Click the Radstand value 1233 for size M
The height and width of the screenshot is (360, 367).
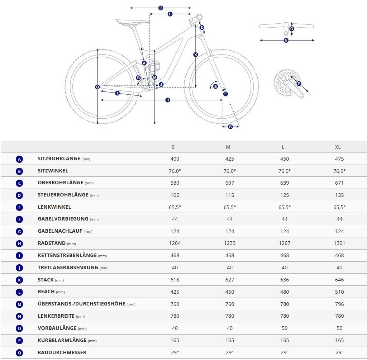click(230, 243)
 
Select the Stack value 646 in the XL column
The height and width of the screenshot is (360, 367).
click(339, 280)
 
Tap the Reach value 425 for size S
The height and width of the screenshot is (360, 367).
click(175, 292)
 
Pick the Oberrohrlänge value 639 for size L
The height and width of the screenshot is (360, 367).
click(285, 183)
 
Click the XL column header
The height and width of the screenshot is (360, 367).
click(338, 147)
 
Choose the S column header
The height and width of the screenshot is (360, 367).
click(173, 147)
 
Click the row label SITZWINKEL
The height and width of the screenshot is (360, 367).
click(53, 171)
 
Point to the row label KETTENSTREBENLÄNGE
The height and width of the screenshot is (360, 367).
click(67, 255)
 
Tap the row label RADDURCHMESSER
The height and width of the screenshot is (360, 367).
click(62, 352)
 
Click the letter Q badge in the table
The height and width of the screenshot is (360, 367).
click(19, 353)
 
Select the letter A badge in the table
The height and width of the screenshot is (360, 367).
click(19, 159)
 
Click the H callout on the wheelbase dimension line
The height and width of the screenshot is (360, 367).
click(168, 100)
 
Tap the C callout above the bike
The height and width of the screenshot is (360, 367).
click(161, 8)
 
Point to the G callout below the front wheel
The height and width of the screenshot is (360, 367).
click(230, 127)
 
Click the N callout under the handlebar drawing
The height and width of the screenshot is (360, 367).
click(286, 41)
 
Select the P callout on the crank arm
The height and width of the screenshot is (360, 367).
click(299, 84)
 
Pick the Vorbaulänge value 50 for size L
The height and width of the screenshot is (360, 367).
click(285, 328)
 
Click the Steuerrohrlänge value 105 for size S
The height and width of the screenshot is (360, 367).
click(175, 195)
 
